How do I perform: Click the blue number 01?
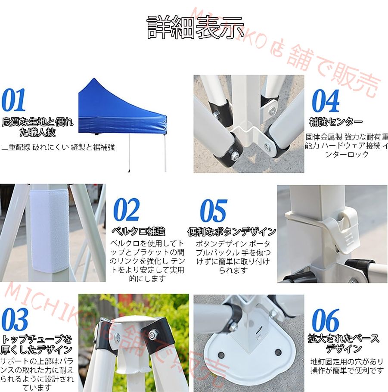click(x=14, y=101)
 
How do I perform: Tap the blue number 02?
click(x=127, y=210)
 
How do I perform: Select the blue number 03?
click(x=15, y=319)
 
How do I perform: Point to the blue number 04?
click(x=326, y=101)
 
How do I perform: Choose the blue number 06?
click(x=326, y=320)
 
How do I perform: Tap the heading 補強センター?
click(x=336, y=122)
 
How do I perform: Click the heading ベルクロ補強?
click(x=138, y=231)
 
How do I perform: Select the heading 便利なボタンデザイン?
click(x=232, y=232)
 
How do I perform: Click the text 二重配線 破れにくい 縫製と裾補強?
click(x=58, y=147)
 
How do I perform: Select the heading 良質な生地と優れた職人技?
click(x=38, y=127)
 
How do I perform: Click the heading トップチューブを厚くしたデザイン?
click(x=37, y=344)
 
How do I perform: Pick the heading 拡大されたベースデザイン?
click(x=343, y=344)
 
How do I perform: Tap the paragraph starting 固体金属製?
click(x=347, y=145)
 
